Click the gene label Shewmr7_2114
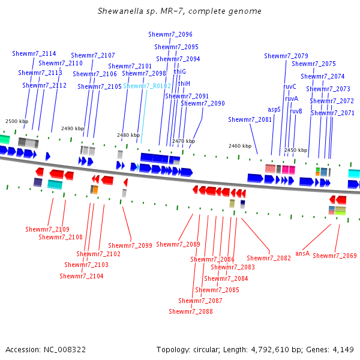[x=34, y=54]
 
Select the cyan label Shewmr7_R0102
[x=147, y=86]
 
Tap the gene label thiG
[x=180, y=71]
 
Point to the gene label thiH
[x=184, y=83]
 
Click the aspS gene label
[x=274, y=110]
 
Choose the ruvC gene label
[x=290, y=86]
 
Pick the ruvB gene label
[x=296, y=111]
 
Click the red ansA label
[x=302, y=254]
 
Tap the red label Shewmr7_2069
[x=335, y=256]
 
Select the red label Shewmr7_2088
[x=191, y=312]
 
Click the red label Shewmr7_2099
[x=130, y=245]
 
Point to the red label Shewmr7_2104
[x=82, y=276]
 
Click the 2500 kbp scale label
[x=17, y=121]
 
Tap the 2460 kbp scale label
[x=240, y=146]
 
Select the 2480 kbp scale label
[x=128, y=136]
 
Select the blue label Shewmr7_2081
[x=250, y=120]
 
